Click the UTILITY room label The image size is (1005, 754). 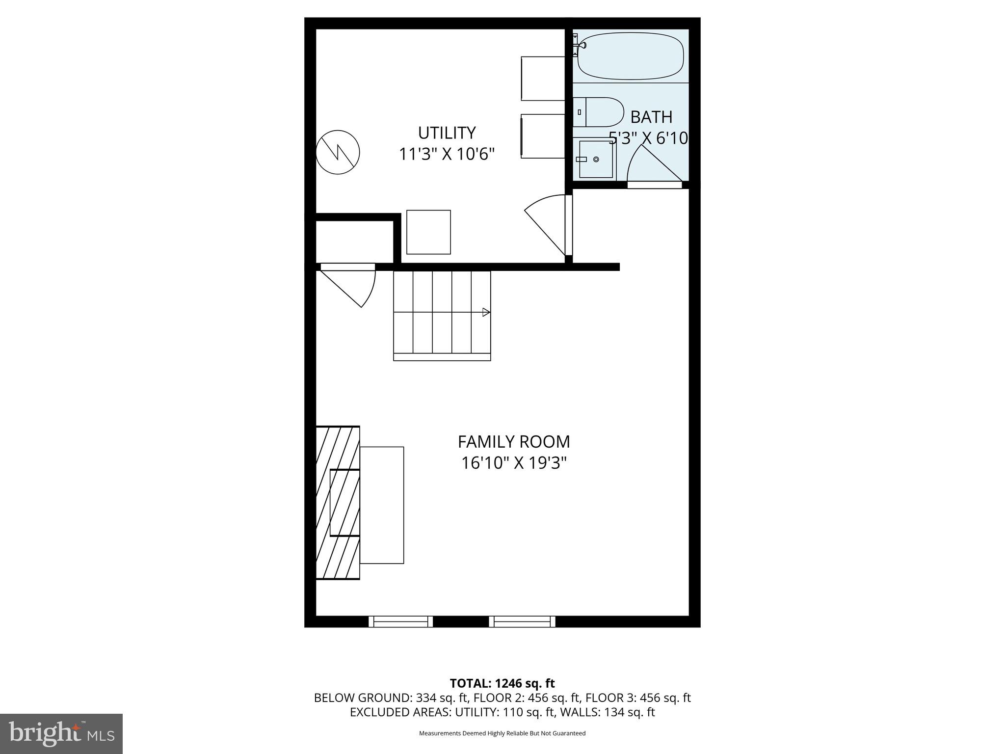coord(447,133)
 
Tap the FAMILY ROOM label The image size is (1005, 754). coord(514,442)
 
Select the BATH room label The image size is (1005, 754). coord(651,117)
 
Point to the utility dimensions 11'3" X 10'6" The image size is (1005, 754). coord(447,154)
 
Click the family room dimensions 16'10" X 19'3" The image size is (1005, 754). coord(514,463)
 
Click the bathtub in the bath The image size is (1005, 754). coord(631,55)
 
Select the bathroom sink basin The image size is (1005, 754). coord(596,159)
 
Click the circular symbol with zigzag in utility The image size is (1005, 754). coord(338,152)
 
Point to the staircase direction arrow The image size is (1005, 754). coord(486,312)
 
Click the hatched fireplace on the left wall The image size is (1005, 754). coord(338,502)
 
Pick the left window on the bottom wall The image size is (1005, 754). coord(400,621)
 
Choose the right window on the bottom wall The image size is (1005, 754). coord(522,621)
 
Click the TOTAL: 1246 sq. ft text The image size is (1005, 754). coord(502,683)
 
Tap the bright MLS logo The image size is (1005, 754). coord(61,734)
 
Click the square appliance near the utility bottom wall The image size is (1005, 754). coord(428,232)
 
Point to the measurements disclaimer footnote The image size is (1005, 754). coord(502,733)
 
